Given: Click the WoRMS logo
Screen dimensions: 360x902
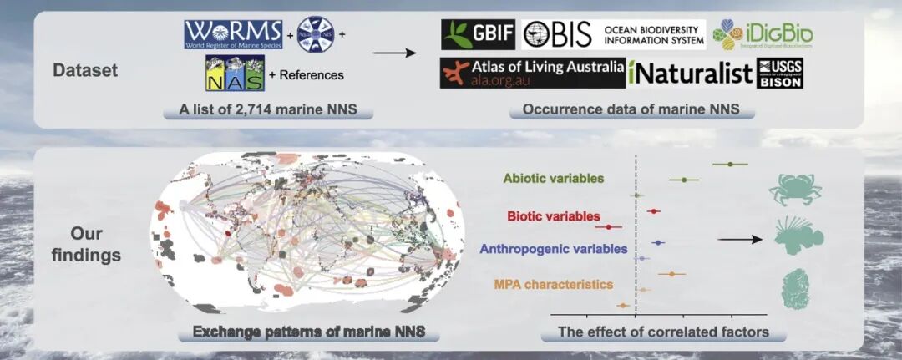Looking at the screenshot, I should coord(233,35).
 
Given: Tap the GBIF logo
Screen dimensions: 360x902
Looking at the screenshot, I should coord(478,34).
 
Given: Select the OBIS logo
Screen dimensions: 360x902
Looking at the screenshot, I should coord(613,34).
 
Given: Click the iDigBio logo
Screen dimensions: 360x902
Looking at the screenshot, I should coord(762,34).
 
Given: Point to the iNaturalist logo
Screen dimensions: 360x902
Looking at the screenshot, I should coord(691,74).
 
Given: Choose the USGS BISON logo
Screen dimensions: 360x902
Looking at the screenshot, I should coord(780,74).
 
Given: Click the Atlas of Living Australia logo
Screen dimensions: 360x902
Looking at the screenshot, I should coord(532,74).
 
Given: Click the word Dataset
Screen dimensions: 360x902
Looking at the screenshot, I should coord(85,70).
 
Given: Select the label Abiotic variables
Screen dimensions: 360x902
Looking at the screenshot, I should coord(555,178).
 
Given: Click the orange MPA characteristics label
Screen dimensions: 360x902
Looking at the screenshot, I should coord(553,284).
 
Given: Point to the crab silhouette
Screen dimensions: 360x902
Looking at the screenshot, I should coord(794,190).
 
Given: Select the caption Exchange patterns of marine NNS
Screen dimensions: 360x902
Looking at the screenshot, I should coord(309,332).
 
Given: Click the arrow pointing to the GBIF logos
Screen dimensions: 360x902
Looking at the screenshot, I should coord(393,54).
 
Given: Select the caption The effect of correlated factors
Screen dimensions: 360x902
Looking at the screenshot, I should coord(663,332).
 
